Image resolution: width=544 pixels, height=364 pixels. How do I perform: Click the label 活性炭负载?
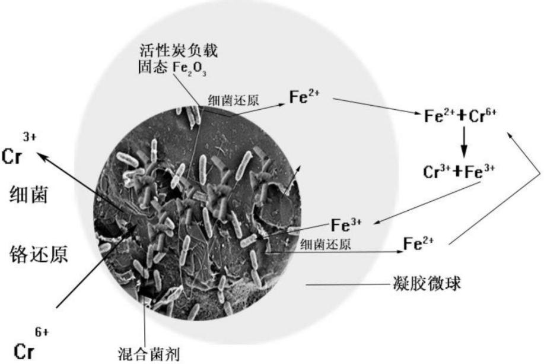tap(179, 50)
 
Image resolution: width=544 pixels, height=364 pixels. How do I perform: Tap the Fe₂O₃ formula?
tap(189, 68)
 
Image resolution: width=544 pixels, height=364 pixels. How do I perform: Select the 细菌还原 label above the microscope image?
tap(233, 100)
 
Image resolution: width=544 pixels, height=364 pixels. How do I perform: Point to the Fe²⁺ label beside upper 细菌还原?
tap(304, 97)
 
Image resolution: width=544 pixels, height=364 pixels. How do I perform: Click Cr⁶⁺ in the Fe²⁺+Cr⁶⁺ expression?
tap(482, 116)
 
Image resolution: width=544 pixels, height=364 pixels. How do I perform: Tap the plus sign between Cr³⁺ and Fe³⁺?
tap(458, 170)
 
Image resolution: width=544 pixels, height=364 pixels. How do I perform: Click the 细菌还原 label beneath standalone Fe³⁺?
tap(326, 244)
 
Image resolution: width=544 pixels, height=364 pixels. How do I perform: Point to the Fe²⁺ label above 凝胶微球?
tap(418, 243)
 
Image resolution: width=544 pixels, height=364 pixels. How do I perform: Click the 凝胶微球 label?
tap(427, 283)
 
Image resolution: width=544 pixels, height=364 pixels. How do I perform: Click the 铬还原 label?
tap(38, 254)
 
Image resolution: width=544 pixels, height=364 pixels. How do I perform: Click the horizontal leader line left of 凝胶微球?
tap(348, 284)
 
